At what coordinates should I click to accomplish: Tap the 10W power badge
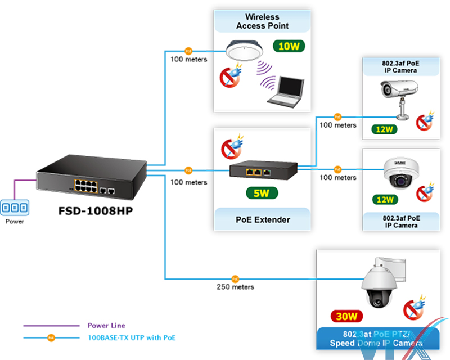coord(289,46)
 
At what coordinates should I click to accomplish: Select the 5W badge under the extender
coord(262,194)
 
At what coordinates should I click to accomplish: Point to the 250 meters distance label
coord(235,287)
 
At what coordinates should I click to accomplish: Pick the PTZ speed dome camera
coord(377,284)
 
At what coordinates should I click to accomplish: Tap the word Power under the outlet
coord(15,222)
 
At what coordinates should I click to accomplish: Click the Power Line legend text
coord(106,326)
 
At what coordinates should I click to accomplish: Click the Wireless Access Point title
coord(262,21)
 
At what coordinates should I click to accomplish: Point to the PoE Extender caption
coord(262,219)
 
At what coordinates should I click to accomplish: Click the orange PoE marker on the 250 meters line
coord(235,278)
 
